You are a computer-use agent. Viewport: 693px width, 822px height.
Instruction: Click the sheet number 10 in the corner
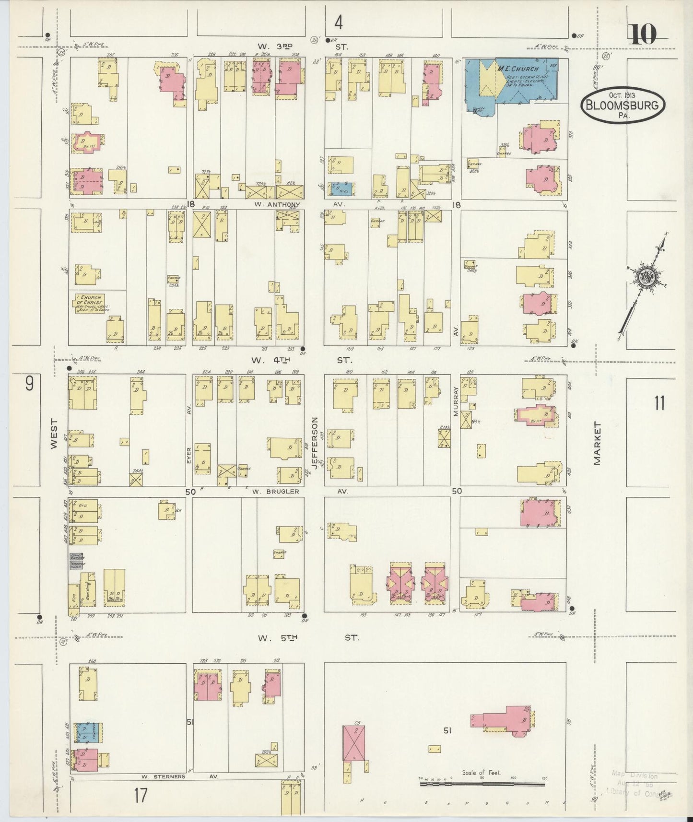[x=642, y=35]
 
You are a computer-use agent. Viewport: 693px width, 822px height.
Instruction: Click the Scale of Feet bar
[x=482, y=785]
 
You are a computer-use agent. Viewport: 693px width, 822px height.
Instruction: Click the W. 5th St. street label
[x=307, y=638]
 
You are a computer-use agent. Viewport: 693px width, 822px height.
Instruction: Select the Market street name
[x=597, y=444]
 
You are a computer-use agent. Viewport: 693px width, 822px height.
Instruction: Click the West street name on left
[x=53, y=434]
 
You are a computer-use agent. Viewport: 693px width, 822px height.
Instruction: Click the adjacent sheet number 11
[x=659, y=403]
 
